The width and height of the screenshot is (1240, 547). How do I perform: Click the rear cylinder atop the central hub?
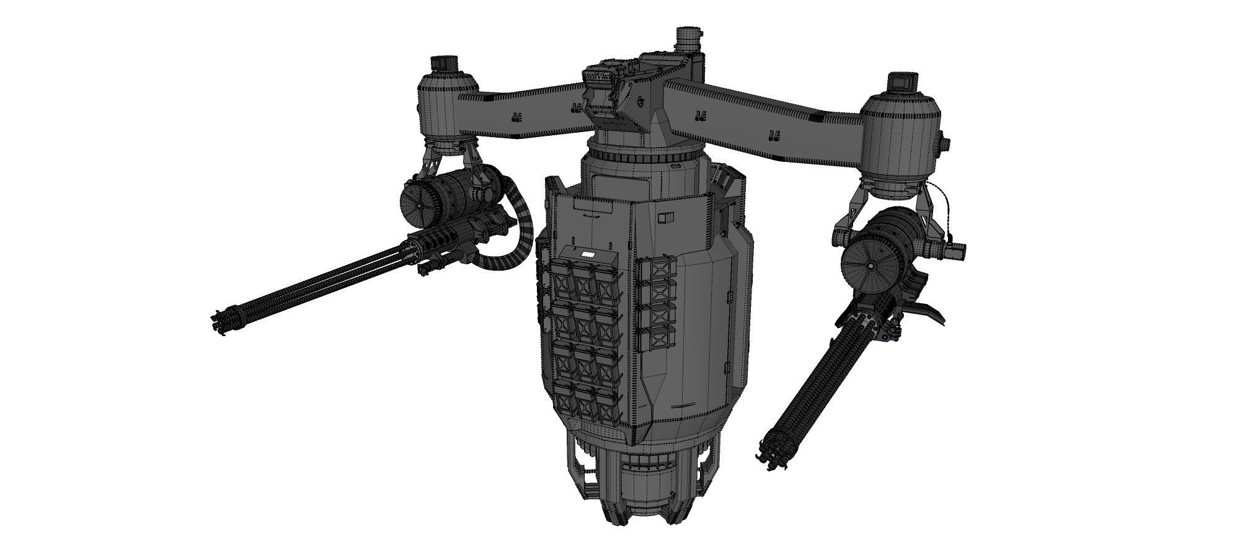(688, 40)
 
